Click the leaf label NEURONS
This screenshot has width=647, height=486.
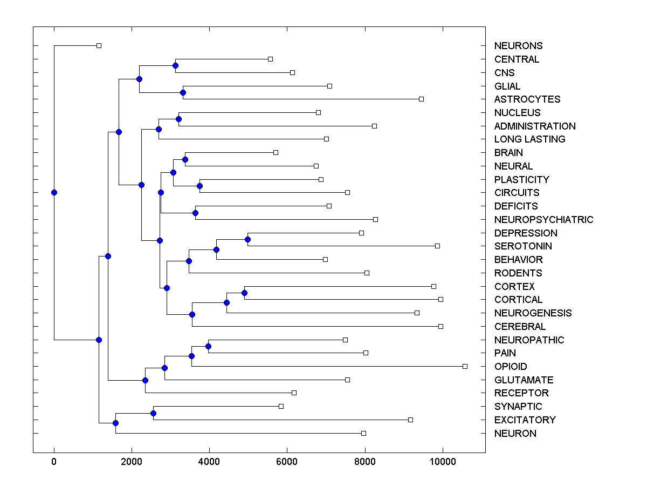click(518, 46)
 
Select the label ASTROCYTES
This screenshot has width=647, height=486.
click(527, 99)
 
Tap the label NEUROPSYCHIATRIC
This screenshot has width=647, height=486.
click(543, 220)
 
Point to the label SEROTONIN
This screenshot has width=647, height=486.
click(523, 246)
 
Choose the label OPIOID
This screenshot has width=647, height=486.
click(511, 367)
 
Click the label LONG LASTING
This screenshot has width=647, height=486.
click(529, 139)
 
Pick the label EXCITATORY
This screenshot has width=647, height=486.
click(525, 420)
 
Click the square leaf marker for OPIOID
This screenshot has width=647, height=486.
click(465, 366)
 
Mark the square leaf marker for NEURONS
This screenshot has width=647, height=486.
click(99, 45)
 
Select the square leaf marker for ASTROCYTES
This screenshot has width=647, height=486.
click(421, 99)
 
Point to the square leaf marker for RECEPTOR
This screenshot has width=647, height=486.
click(294, 393)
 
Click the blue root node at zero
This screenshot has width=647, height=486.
click(54, 192)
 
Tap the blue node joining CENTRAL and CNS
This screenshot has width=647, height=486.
click(175, 66)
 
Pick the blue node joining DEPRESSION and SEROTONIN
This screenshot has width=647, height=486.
click(248, 239)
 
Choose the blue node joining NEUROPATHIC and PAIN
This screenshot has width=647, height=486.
click(209, 346)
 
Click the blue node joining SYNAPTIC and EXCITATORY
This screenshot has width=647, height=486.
click(153, 413)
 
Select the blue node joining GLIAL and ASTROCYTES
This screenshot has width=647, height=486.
click(183, 92)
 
